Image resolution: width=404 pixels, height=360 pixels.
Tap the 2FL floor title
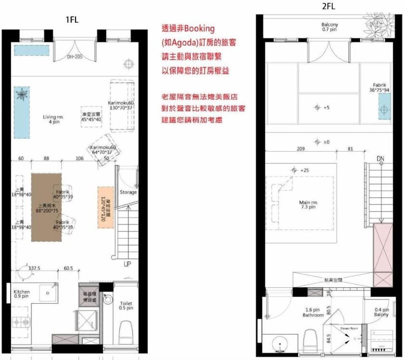pos(328,6)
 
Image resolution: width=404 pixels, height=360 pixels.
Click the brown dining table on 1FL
pos(46,207)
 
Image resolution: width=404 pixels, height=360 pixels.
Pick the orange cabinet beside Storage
pos(105,207)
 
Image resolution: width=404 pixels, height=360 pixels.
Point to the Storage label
pos(128,193)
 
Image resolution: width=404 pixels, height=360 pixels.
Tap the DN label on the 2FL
pos(380,159)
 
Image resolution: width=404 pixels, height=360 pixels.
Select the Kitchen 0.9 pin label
pos(22,294)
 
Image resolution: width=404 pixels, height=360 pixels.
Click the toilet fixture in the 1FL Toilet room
pos(126,331)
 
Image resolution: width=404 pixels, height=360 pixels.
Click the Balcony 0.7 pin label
pos(330,27)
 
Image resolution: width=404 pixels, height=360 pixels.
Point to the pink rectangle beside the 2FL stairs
pos(382,255)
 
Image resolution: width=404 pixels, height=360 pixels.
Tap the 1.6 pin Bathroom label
pos(313,312)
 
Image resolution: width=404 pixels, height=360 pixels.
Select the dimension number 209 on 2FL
pos(301,149)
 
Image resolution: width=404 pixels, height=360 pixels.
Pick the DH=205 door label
pos(74,57)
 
